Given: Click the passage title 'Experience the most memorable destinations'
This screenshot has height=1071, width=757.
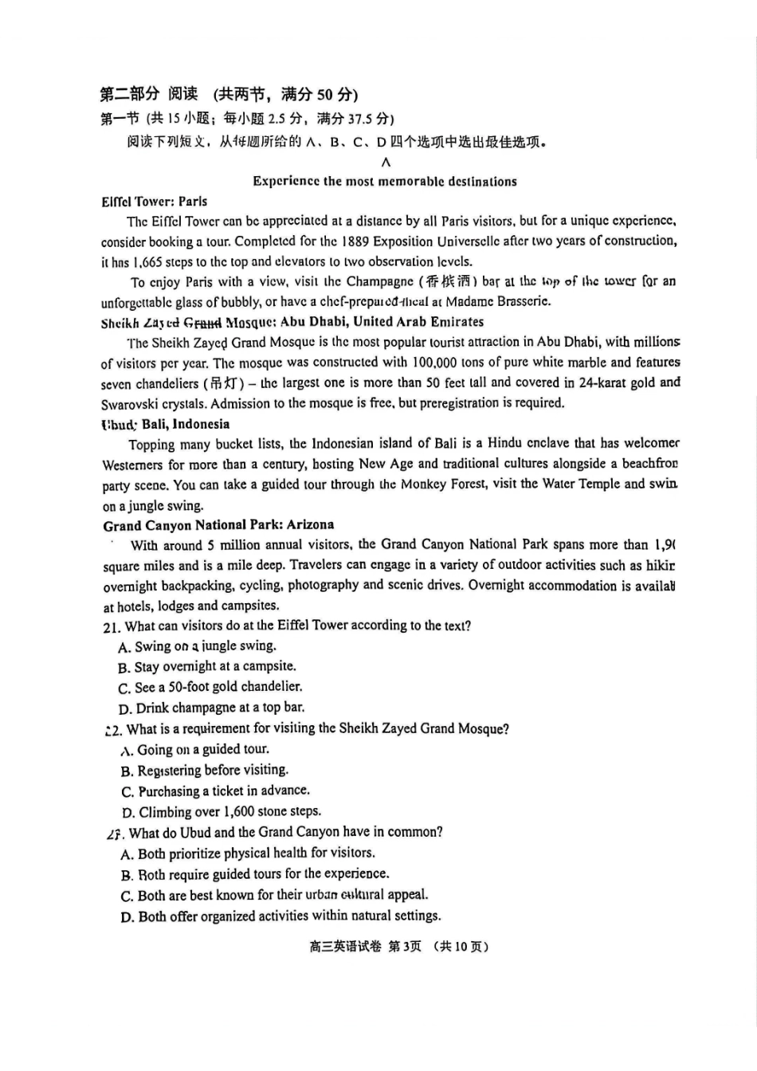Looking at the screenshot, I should [x=385, y=182].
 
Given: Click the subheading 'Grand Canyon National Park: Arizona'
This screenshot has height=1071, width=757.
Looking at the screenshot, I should [x=218, y=525].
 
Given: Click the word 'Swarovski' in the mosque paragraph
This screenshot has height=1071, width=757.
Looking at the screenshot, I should [x=131, y=403].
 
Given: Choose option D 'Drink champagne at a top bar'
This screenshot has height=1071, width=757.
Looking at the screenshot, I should [x=212, y=708].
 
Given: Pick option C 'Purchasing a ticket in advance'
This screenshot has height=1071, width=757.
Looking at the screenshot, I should [x=216, y=791].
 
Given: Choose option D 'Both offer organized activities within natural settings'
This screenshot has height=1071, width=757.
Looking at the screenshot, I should [x=281, y=916].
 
